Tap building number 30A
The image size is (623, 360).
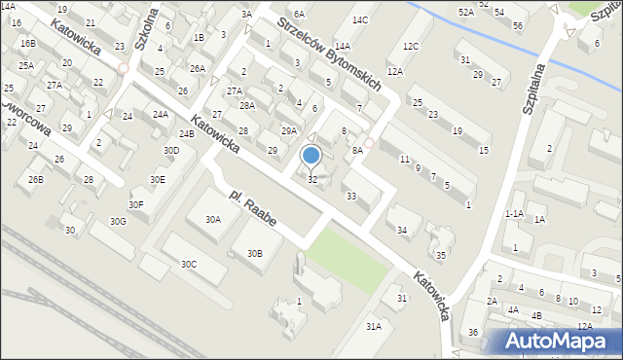pyautogui.click(x=212, y=220)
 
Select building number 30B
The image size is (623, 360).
pyautogui.click(x=254, y=253)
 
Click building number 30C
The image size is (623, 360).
pyautogui.click(x=189, y=264)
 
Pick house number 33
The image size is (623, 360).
pyautogui.click(x=350, y=196)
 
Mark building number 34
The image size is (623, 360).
pyautogui.click(x=402, y=231)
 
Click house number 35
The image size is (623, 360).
pyautogui.click(x=441, y=255)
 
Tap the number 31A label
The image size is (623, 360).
pyautogui.click(x=373, y=327)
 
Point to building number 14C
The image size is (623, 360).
pyautogui.click(x=360, y=19)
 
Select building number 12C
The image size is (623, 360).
pyautogui.click(x=411, y=46)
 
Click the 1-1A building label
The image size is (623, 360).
pyautogui.click(x=514, y=213)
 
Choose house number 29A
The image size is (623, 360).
pyautogui.click(x=288, y=130)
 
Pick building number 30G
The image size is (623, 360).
pyautogui.click(x=118, y=221)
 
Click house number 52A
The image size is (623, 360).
pyautogui.click(x=466, y=12)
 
